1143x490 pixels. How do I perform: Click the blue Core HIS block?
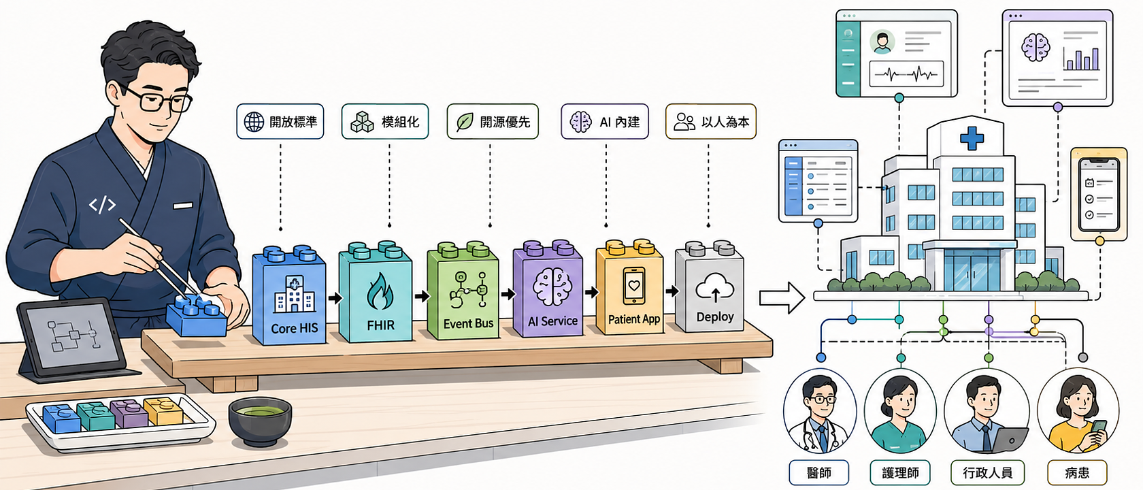pyautogui.click(x=289, y=295)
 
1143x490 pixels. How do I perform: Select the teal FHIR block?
pyautogui.click(x=376, y=292)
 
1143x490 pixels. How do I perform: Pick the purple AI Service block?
pyautogui.click(x=548, y=289)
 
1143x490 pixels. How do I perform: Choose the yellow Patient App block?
pyautogui.click(x=630, y=287)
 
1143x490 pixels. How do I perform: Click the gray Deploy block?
pyautogui.click(x=710, y=287)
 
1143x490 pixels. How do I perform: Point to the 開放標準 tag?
pyautogui.click(x=280, y=121)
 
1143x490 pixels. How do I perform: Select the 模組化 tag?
pyautogui.click(x=385, y=121)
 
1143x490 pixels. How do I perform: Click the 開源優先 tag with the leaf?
pyautogui.click(x=493, y=121)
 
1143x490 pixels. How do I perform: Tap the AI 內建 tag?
pyautogui.click(x=605, y=121)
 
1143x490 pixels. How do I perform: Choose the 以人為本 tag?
pyautogui.click(x=711, y=121)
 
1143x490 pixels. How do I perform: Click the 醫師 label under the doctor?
pyautogui.click(x=819, y=472)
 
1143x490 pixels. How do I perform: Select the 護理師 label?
pyautogui.click(x=900, y=472)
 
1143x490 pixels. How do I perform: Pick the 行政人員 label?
pyautogui.click(x=988, y=472)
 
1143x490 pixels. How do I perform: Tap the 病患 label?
pyautogui.click(x=1077, y=472)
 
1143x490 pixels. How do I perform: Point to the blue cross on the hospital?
pyautogui.click(x=972, y=137)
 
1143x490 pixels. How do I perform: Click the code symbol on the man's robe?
pyautogui.click(x=102, y=205)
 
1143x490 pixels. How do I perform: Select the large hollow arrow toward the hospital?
pyautogui.click(x=782, y=297)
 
